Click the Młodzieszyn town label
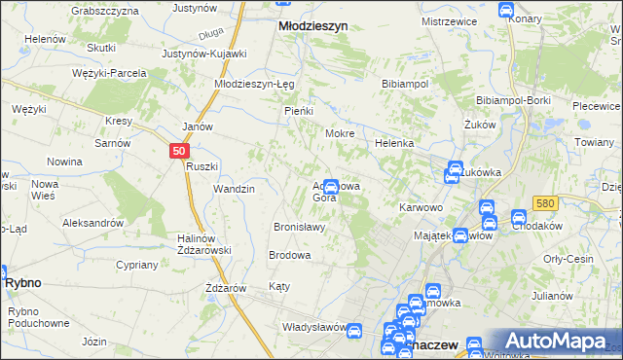313,27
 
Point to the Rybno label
23,282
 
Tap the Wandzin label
234,189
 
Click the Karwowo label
421,207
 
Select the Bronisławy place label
299,226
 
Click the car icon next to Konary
506,10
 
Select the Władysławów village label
314,327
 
